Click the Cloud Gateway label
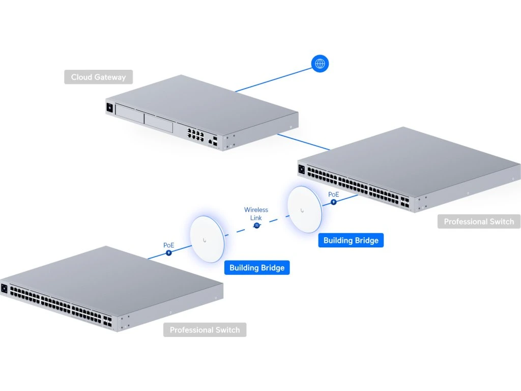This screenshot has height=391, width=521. [x=98, y=77]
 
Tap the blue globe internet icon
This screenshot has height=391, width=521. [x=320, y=64]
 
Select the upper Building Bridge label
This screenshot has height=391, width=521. [x=351, y=240]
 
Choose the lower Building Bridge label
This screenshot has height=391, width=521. [x=257, y=268]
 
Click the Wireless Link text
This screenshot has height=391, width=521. [x=256, y=214]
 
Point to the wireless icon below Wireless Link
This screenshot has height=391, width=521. [x=256, y=225]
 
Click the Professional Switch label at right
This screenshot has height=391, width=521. [x=479, y=221]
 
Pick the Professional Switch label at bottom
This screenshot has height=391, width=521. [x=205, y=330]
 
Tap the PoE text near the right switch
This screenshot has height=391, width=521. [x=334, y=194]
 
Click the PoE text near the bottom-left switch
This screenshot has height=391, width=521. [x=169, y=245]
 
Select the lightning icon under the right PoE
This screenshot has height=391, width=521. [x=334, y=202]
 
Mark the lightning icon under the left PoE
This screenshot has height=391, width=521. [x=169, y=253]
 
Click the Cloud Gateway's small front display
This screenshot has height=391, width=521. [x=109, y=107]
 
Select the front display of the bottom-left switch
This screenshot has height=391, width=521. [x=5, y=289]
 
